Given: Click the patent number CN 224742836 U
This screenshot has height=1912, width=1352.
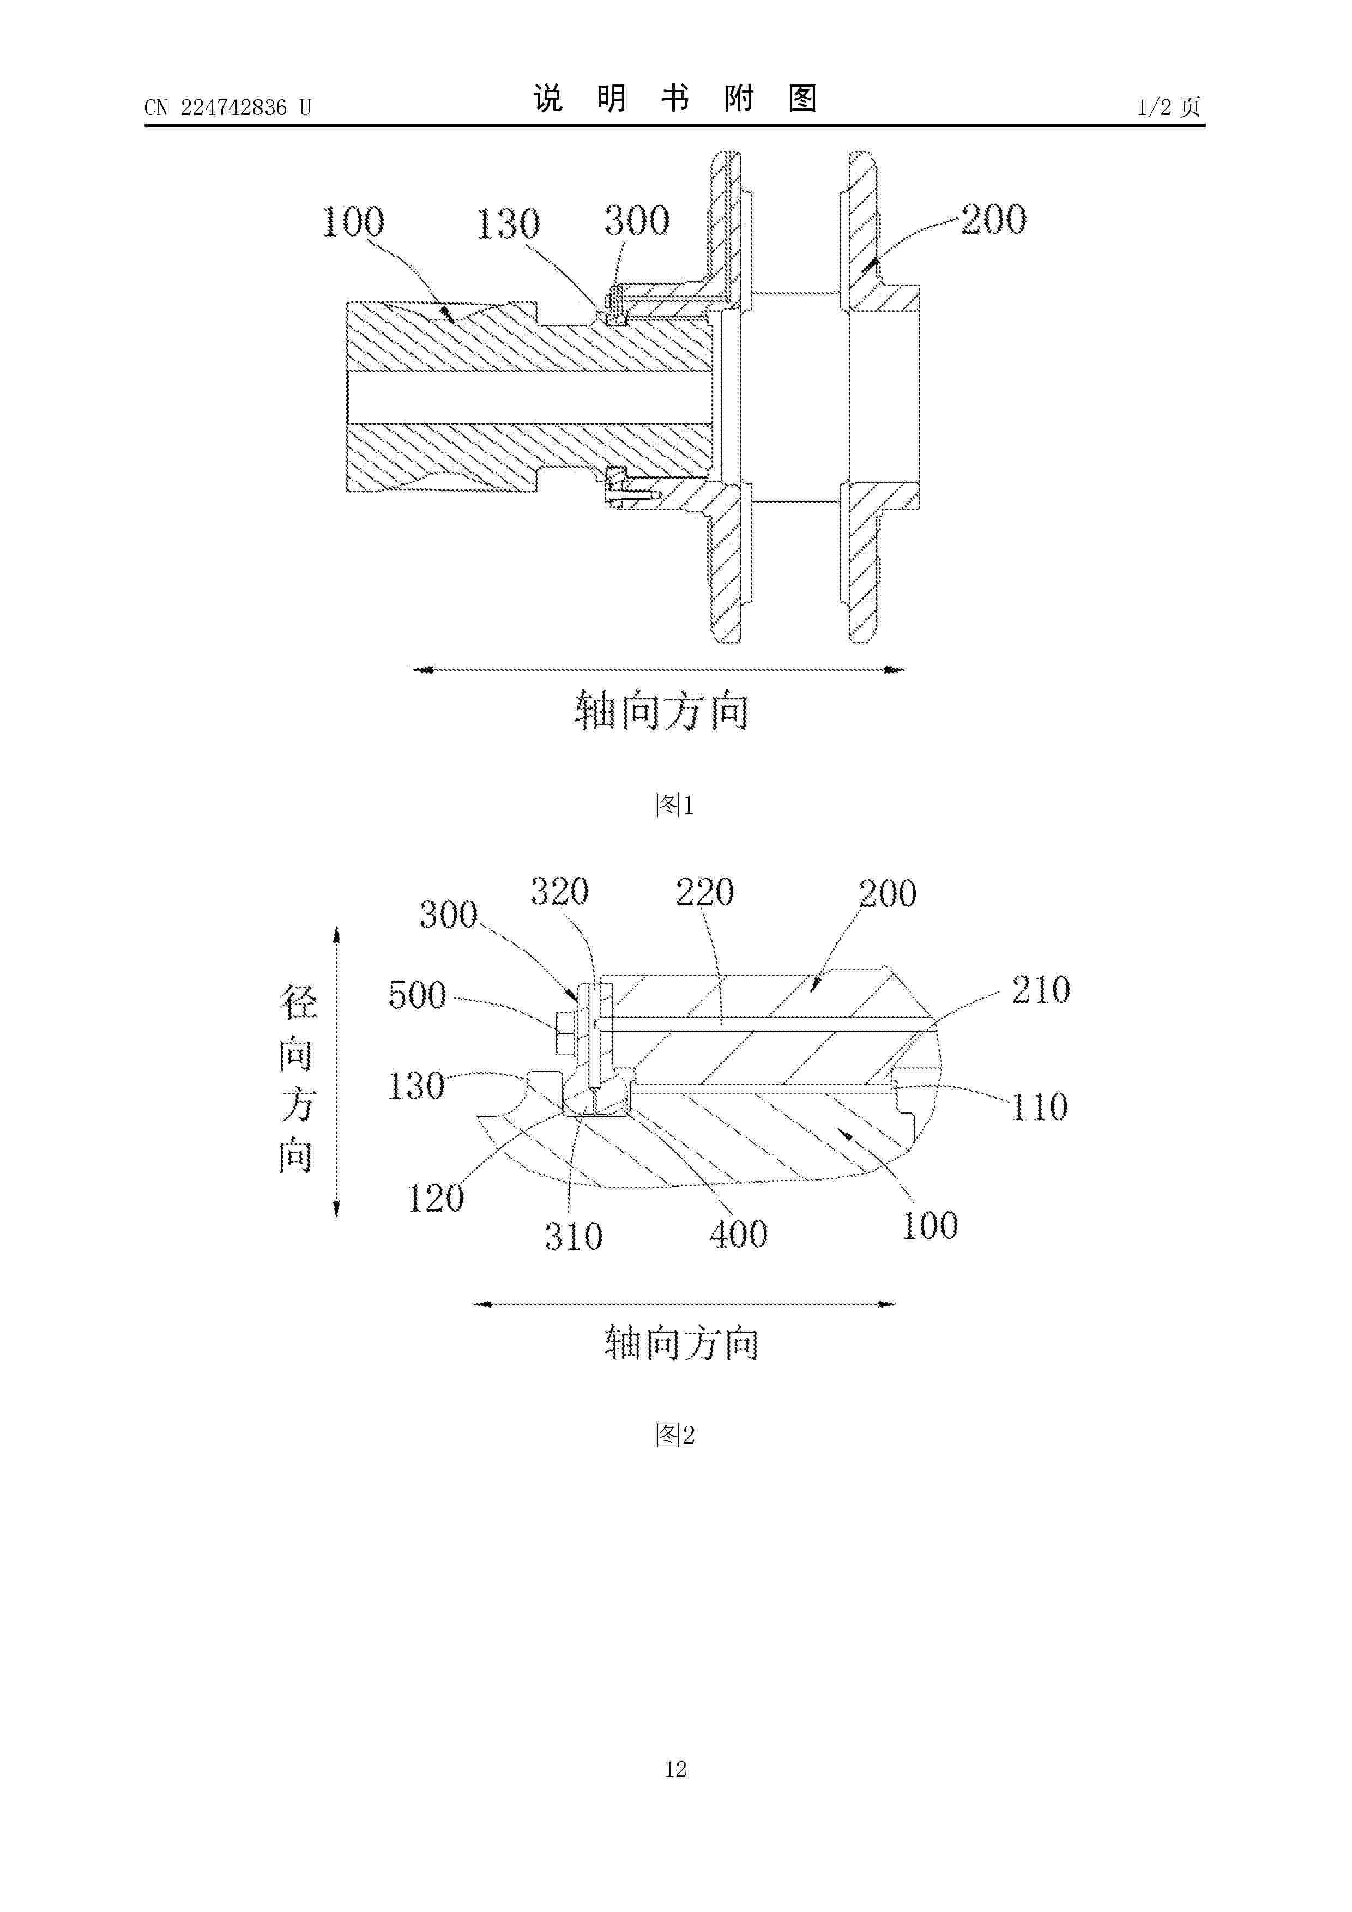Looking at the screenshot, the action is pos(227,107).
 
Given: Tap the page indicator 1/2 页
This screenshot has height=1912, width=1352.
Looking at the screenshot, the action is pos(1169,107).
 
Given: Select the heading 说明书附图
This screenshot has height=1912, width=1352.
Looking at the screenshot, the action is pos(675,99).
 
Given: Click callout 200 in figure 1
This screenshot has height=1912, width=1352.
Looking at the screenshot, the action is pos(994,219).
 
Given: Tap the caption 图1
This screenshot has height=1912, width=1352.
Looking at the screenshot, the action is pos(675,804).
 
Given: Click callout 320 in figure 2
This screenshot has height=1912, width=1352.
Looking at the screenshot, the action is pos(560,892).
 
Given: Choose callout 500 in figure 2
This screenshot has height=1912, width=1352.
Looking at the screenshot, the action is pos(418,995).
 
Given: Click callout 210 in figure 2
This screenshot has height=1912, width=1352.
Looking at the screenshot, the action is pos(1041,989).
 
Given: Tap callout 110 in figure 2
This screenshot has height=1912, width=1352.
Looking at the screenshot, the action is pos(1040,1107).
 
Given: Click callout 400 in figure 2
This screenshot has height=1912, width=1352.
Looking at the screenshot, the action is pos(739,1234).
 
